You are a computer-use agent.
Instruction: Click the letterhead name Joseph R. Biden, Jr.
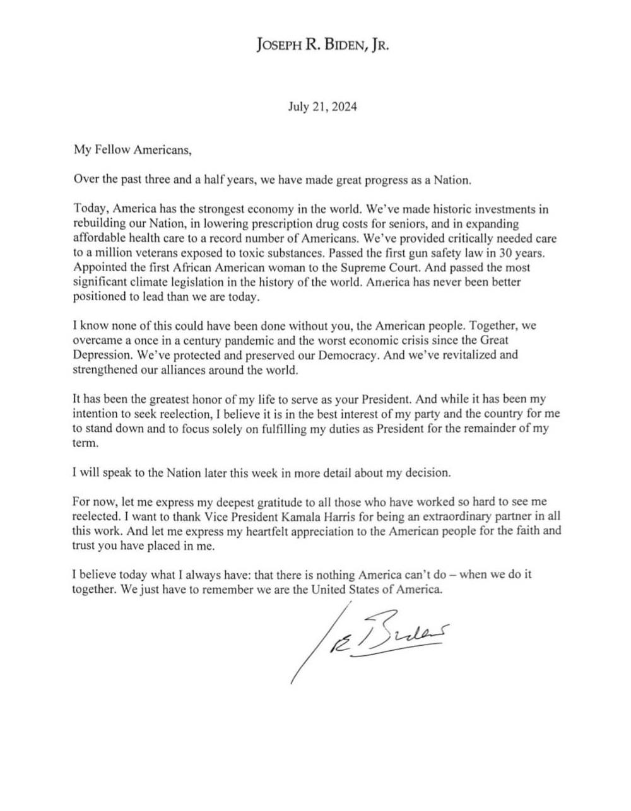click(322, 44)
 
